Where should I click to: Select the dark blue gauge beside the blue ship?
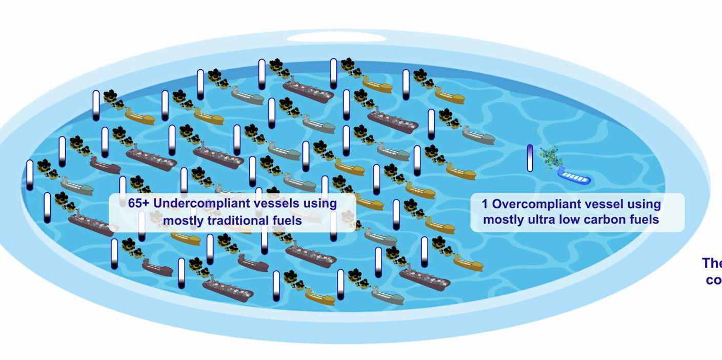click(530, 158)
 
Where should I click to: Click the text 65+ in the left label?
click(138, 203)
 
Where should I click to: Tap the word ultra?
click(545, 220)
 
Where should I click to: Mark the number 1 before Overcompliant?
click(485, 204)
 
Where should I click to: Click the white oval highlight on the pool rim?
click(336, 37)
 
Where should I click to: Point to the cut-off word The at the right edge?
click(712, 264)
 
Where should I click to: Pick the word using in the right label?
click(646, 204)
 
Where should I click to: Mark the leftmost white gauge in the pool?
click(30, 175)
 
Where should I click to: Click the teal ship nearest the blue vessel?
click(478, 136)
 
